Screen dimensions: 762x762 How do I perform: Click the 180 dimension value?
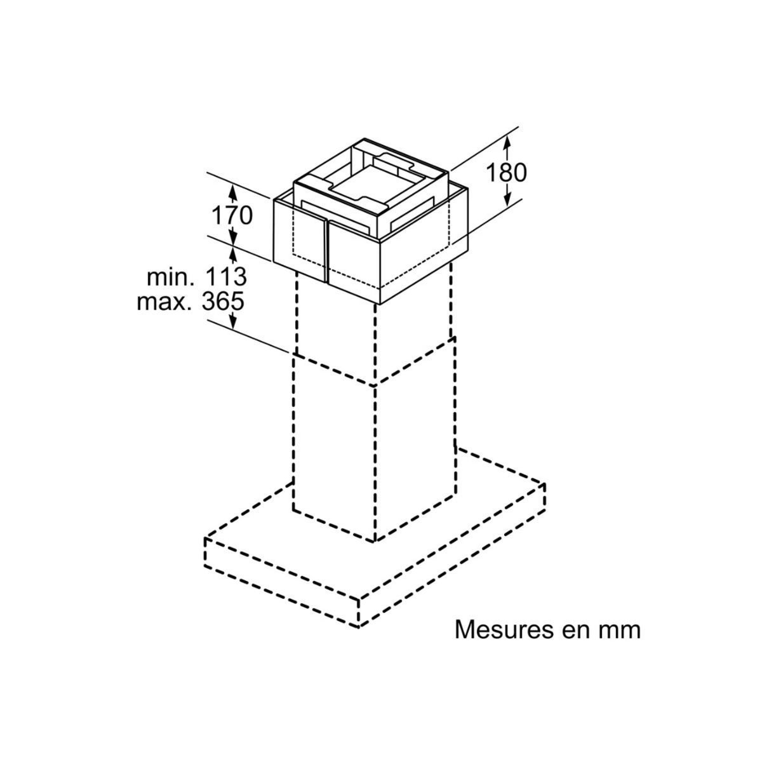click(506, 172)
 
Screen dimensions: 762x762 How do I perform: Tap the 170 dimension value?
click(232, 216)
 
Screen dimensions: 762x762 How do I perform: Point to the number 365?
click(222, 300)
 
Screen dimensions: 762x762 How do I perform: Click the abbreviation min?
click(170, 277)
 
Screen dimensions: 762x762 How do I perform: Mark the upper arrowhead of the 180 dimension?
click(507, 143)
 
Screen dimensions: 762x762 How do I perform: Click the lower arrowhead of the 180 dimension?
click(507, 202)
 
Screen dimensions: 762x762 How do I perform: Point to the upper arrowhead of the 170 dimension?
click(233, 189)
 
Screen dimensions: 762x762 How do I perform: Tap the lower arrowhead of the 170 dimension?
click(233, 241)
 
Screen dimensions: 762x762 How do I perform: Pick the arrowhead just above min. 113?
click(233, 253)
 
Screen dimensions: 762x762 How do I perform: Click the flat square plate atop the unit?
click(368, 184)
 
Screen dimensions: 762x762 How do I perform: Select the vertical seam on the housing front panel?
click(326, 251)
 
